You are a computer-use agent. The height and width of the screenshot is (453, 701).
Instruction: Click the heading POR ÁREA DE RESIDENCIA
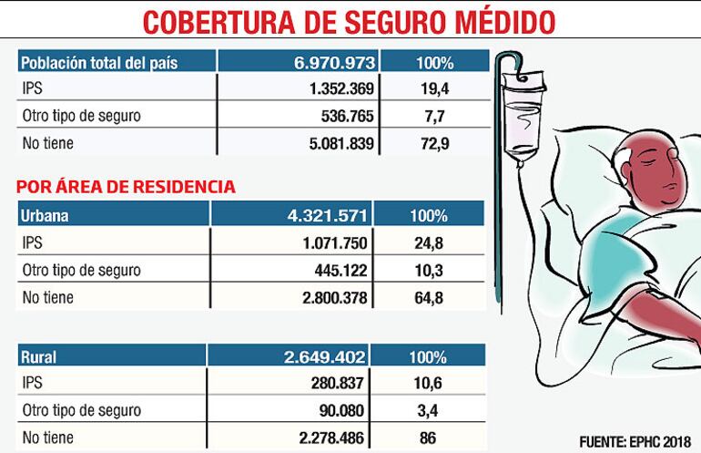(x=127, y=187)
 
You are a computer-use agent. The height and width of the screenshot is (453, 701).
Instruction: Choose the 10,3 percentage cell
(x=428, y=270)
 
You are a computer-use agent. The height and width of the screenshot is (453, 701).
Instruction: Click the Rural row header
(x=38, y=357)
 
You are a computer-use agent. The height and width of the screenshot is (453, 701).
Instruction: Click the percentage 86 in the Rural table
(x=428, y=438)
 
